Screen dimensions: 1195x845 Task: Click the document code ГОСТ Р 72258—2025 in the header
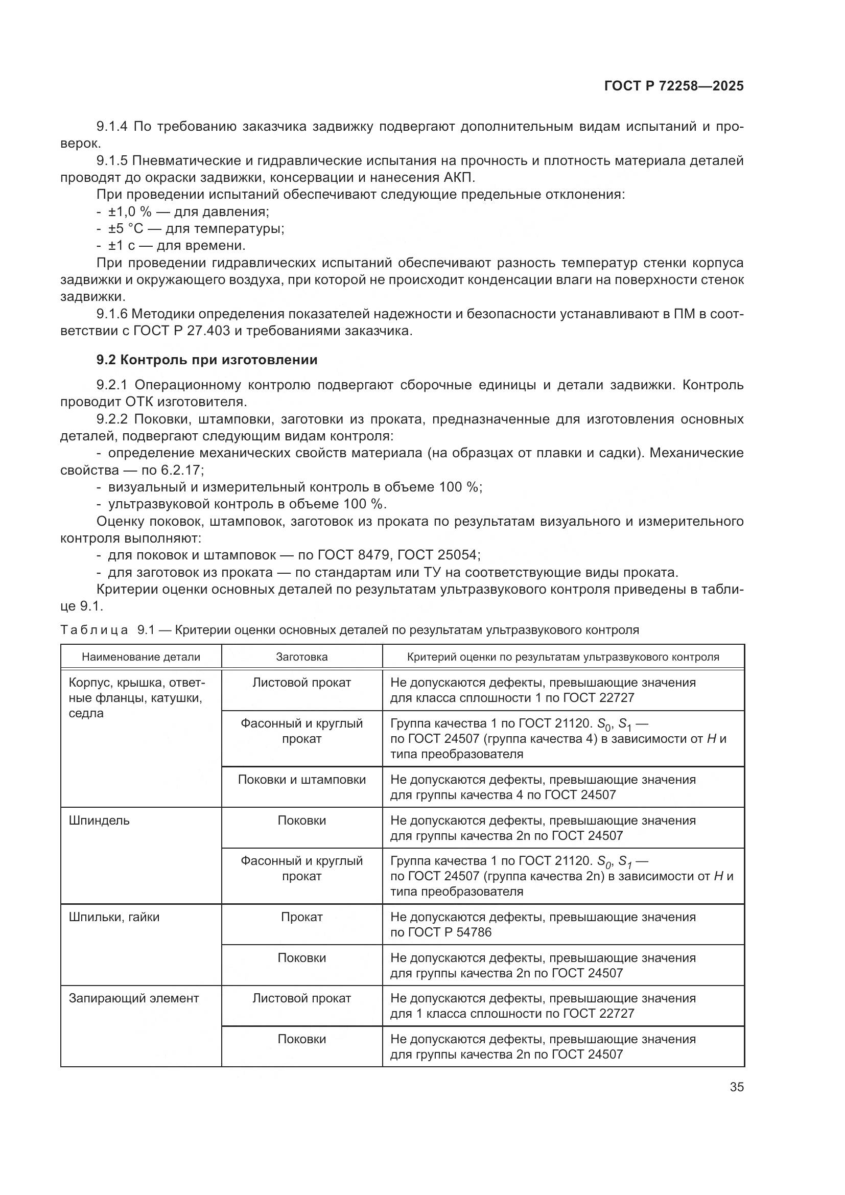coord(674,86)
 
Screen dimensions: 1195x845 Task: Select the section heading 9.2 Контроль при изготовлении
coord(206,360)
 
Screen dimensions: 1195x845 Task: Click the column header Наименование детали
coord(141,657)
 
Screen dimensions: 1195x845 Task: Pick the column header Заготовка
coord(302,657)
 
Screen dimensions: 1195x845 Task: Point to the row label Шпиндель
coord(99,821)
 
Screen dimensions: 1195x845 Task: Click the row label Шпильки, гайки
coord(114,917)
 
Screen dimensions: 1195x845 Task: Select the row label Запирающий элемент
coord(134,998)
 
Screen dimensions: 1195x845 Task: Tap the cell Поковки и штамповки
coord(302,780)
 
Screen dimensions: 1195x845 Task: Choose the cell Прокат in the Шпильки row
coord(302,917)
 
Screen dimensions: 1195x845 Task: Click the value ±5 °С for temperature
coord(125,229)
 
